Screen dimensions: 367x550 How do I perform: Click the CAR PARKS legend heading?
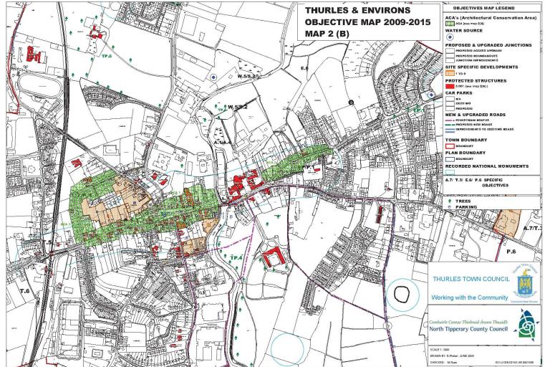(457, 93)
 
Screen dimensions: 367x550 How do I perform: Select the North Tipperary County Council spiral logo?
(526, 328)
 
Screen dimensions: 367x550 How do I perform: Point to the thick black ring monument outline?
(403, 293)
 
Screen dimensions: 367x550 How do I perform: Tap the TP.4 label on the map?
(236, 257)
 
